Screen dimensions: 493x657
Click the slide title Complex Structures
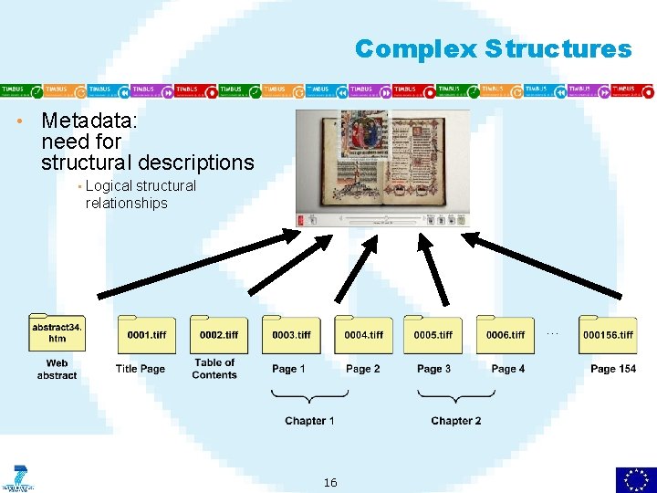(493, 48)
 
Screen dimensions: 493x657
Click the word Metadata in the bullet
(80, 121)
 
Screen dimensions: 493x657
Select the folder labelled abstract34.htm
(57, 333)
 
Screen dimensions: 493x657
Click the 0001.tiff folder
(146, 334)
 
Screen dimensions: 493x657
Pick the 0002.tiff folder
(219, 334)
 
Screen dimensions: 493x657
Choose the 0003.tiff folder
(291, 334)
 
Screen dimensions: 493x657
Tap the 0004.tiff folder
(363, 334)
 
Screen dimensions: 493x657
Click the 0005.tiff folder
(433, 334)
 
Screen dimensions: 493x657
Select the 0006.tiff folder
(505, 334)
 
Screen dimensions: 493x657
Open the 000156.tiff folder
(608, 334)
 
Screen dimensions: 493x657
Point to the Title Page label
(141, 369)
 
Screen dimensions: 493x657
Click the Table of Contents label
(214, 369)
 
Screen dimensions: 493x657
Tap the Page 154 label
(613, 369)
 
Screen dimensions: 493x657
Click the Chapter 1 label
(309, 421)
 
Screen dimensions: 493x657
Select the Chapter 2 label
(456, 421)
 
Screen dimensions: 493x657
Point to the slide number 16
(330, 482)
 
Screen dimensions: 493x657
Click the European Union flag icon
(635, 478)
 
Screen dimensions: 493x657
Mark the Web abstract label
(57, 370)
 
